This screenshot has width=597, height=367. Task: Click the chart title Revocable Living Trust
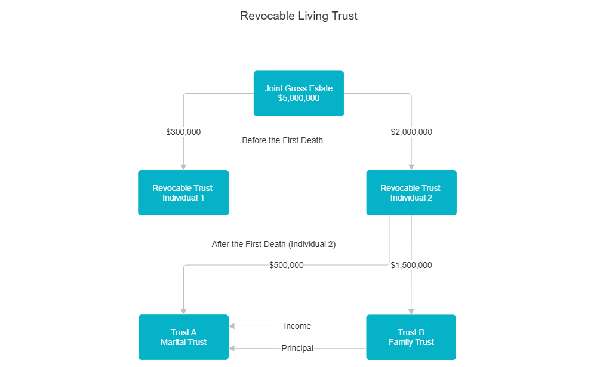click(298, 16)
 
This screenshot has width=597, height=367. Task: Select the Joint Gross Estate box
click(298, 93)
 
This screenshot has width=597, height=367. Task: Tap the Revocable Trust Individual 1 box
click(183, 192)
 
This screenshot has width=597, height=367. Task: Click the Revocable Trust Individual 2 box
click(411, 192)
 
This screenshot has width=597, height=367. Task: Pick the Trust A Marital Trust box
click(183, 337)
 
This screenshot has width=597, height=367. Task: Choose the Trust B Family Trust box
click(411, 337)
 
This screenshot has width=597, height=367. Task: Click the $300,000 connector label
click(183, 132)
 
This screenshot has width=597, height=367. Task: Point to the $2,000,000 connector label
click(411, 132)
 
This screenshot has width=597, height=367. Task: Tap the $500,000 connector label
click(287, 265)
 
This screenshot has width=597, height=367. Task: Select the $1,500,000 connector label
click(411, 265)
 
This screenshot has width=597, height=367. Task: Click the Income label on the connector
click(297, 326)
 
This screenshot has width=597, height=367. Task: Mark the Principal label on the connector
click(297, 348)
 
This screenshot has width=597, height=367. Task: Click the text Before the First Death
click(282, 141)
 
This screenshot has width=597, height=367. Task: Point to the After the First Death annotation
click(273, 244)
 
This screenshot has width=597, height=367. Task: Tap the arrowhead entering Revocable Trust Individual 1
click(183, 166)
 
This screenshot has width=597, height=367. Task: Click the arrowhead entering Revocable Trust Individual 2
click(411, 166)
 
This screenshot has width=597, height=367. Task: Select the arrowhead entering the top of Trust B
click(411, 311)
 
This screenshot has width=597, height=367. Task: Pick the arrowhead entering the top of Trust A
click(183, 311)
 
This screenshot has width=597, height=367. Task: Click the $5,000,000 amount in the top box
click(298, 98)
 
